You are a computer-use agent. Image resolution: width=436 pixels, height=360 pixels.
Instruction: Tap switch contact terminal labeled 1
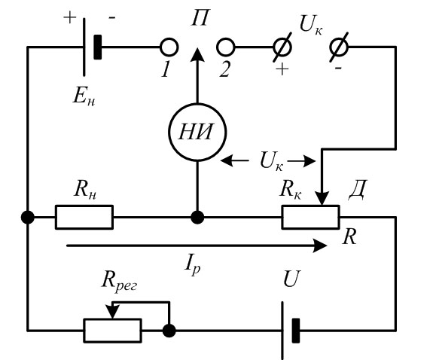(x=169, y=47)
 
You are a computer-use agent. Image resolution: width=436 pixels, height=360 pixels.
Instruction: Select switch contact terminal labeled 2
(x=225, y=47)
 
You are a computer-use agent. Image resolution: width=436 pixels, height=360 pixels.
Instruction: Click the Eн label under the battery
(x=84, y=96)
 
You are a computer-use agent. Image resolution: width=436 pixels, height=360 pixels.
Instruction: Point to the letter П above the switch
(x=200, y=18)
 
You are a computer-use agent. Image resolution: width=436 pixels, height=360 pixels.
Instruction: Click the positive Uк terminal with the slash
(x=282, y=47)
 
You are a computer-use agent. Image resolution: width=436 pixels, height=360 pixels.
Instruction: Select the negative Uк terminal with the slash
(x=339, y=47)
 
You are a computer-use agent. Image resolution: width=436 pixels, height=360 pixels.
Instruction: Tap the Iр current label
(x=193, y=267)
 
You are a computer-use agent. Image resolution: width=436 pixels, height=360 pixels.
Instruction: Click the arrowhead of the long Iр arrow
(x=320, y=246)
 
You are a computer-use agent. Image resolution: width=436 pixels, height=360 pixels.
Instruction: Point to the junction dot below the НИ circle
(x=197, y=217)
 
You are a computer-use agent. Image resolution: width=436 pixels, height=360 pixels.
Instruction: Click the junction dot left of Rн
(x=28, y=217)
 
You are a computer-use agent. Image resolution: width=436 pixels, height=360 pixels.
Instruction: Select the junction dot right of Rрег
(x=169, y=331)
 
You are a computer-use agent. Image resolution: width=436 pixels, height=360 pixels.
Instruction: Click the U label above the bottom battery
(x=292, y=279)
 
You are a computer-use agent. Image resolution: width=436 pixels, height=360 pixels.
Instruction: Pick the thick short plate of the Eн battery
(x=98, y=47)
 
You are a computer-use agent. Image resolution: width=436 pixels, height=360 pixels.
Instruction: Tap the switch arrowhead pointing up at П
(x=198, y=54)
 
